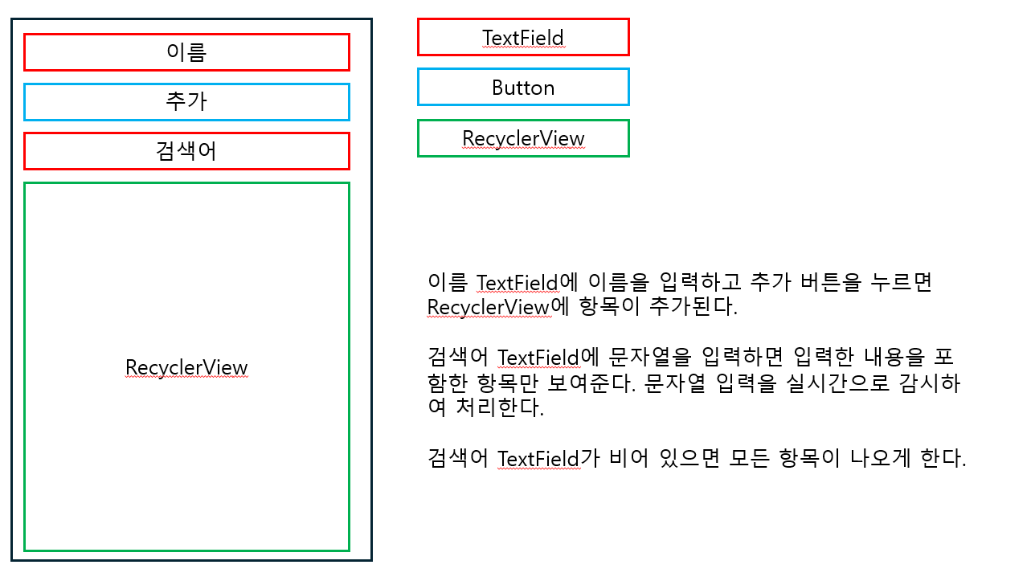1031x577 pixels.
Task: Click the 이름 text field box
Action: (186, 52)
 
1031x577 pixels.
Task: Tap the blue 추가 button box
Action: (186, 102)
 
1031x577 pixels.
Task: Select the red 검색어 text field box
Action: (186, 151)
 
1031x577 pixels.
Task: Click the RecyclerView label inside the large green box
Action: (186, 367)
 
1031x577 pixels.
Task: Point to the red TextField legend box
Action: (523, 38)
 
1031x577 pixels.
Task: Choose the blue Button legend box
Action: (523, 88)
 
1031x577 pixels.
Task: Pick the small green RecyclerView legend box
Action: (523, 138)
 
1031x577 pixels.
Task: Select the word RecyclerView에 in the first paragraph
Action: (497, 308)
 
